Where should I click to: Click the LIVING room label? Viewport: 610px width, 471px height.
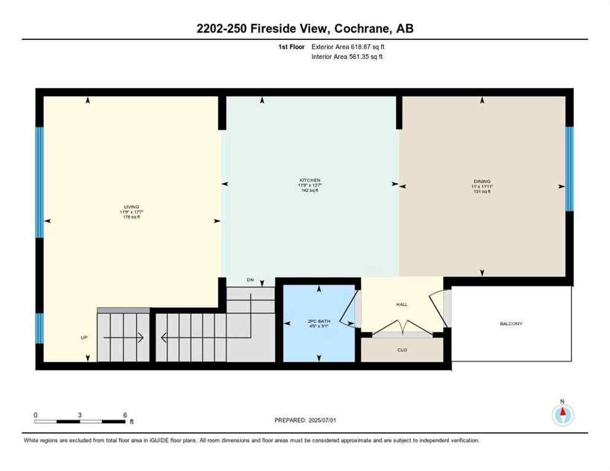[x=131, y=207]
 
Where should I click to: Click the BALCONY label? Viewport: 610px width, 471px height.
[x=511, y=323]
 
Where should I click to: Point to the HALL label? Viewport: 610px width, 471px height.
[x=401, y=304]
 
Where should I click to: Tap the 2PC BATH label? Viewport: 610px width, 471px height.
[x=319, y=321]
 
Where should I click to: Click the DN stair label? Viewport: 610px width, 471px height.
[x=250, y=280]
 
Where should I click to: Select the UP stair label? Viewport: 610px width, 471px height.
[x=85, y=337]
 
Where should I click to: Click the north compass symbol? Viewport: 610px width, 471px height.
[x=562, y=415]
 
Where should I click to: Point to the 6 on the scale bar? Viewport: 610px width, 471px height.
[x=125, y=415]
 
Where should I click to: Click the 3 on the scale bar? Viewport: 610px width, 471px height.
[x=80, y=415]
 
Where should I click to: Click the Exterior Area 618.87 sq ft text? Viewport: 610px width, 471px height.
[x=348, y=47]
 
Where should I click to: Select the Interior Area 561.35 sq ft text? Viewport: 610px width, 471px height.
[x=347, y=57]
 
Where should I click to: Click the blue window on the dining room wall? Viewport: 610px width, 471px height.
[x=569, y=168]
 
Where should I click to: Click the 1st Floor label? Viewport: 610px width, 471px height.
[x=291, y=47]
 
